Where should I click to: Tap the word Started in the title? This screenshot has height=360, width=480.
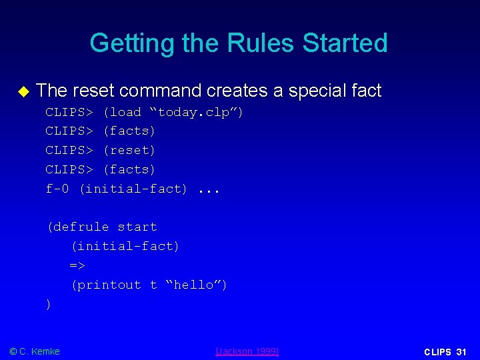(345, 43)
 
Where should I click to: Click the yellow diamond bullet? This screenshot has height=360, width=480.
(24, 91)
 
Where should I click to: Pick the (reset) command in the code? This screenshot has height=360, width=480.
(129, 150)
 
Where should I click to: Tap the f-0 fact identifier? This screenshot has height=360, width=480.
(57, 189)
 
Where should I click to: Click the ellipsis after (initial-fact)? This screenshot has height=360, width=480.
(209, 189)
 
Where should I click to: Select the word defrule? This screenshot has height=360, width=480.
(83, 227)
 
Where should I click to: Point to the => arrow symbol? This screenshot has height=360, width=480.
(78, 265)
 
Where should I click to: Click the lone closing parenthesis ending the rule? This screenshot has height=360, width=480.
(49, 304)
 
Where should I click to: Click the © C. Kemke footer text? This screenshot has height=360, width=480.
(35, 351)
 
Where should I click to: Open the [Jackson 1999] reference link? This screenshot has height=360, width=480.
(247, 351)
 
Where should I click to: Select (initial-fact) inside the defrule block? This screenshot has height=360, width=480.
(125, 246)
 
